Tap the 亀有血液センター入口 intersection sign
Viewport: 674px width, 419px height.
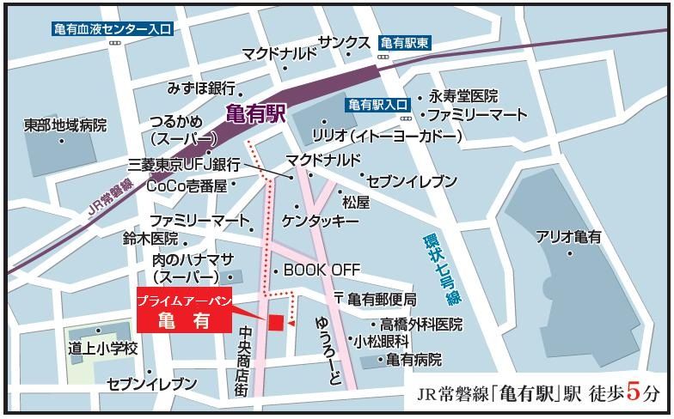[x=113, y=28]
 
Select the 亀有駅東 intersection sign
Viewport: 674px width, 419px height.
[x=405, y=41]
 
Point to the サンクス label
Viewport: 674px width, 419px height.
[x=344, y=43]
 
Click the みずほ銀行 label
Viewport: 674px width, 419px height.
[x=202, y=88]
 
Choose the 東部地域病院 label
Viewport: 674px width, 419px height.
[x=65, y=125]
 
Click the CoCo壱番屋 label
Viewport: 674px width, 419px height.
[x=187, y=185]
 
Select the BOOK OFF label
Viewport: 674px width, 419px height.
[x=322, y=270]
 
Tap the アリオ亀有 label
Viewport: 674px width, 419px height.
[x=569, y=236]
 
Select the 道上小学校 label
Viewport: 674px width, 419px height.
[x=104, y=349]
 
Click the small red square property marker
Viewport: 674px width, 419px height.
[x=276, y=322]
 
